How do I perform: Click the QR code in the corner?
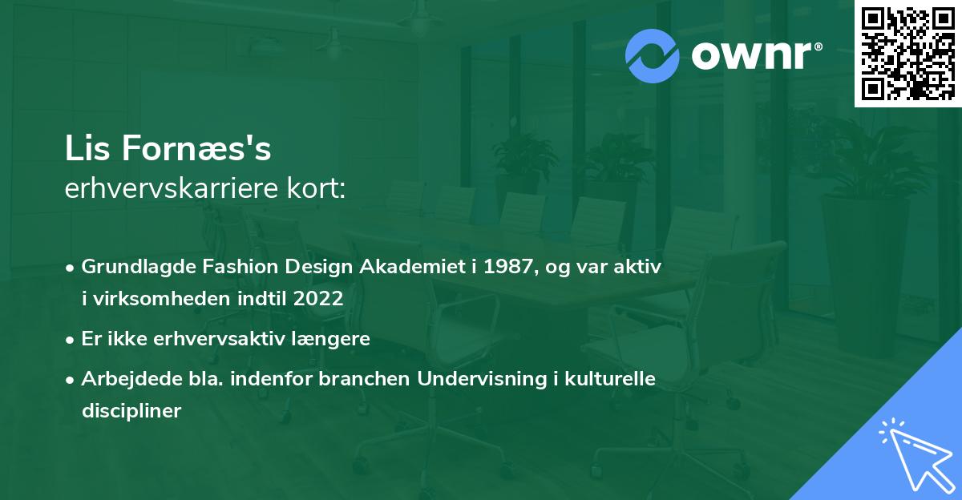point(907,53)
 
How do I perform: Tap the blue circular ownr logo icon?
point(652,56)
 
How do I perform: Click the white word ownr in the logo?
point(752,55)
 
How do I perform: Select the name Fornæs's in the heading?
point(196,148)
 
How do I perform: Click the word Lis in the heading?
point(87,148)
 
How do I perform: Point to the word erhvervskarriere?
point(172,188)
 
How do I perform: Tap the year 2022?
point(318,298)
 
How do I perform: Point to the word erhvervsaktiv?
point(219,339)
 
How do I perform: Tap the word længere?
point(330,340)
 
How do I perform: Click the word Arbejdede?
point(131,379)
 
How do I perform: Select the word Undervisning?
point(482,379)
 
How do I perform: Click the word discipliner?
point(131,411)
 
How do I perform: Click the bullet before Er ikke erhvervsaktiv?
point(70,341)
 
